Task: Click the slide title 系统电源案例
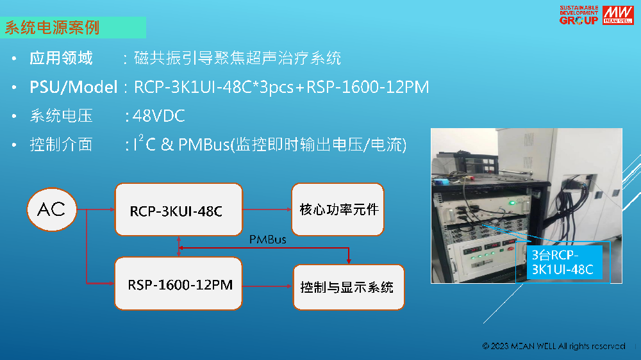coord(53,28)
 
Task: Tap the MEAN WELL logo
coord(617,15)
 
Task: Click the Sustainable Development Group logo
coord(578,15)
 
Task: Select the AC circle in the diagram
coord(51,209)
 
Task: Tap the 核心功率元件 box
coord(338,209)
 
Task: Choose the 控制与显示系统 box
coord(348,286)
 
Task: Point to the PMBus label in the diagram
coord(267,240)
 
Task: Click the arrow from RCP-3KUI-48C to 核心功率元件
coord(267,209)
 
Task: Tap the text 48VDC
coord(158,116)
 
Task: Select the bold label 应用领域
coord(61,59)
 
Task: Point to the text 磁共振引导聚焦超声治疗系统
coord(237,59)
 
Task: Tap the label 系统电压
coord(61,116)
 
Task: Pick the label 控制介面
coord(61,145)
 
